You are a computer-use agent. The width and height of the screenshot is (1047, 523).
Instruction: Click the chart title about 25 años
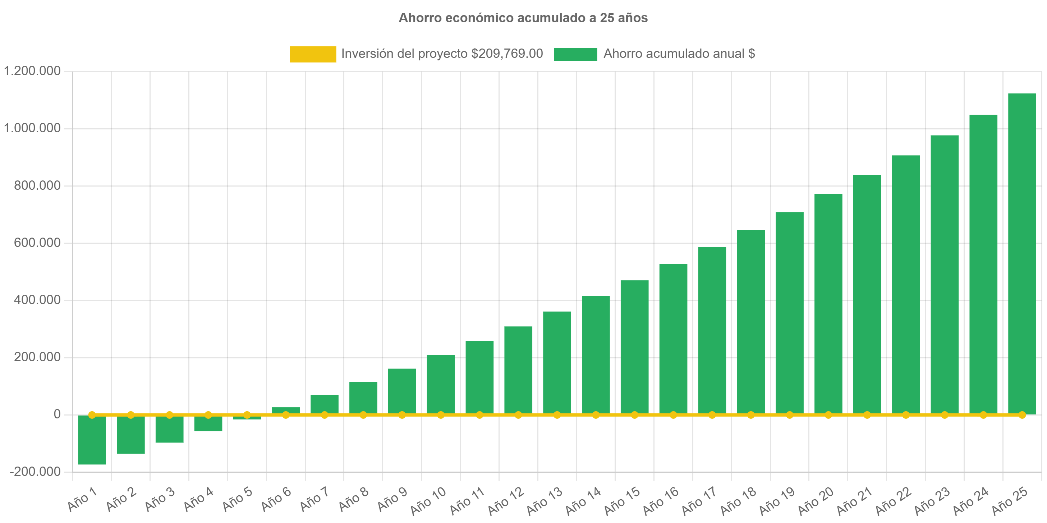click(523, 18)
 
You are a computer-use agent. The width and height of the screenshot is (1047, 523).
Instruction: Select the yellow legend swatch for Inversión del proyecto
click(313, 54)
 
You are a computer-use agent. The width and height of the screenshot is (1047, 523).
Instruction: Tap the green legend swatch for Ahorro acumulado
click(575, 54)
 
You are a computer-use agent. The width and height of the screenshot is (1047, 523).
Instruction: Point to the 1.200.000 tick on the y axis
click(32, 71)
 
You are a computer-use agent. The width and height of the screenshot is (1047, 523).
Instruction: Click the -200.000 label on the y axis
click(35, 471)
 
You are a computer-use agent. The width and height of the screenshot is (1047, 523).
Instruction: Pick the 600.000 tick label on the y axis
click(37, 243)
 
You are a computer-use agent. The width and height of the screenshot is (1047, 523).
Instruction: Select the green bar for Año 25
click(1022, 252)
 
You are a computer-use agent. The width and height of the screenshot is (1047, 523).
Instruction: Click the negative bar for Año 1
click(92, 441)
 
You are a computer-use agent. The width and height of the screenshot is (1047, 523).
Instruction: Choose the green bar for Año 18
click(751, 321)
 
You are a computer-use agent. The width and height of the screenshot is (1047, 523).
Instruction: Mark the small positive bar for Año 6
click(286, 410)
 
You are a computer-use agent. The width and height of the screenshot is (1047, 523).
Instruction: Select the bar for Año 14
click(596, 354)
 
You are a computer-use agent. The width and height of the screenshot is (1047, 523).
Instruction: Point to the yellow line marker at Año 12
click(518, 415)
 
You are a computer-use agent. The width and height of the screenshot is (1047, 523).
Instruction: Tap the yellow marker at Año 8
click(363, 415)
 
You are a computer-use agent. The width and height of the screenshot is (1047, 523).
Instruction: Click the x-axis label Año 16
click(661, 500)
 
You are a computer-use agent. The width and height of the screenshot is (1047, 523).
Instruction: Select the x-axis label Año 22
click(894, 500)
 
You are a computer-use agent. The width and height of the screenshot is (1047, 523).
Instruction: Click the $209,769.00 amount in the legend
click(507, 54)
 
